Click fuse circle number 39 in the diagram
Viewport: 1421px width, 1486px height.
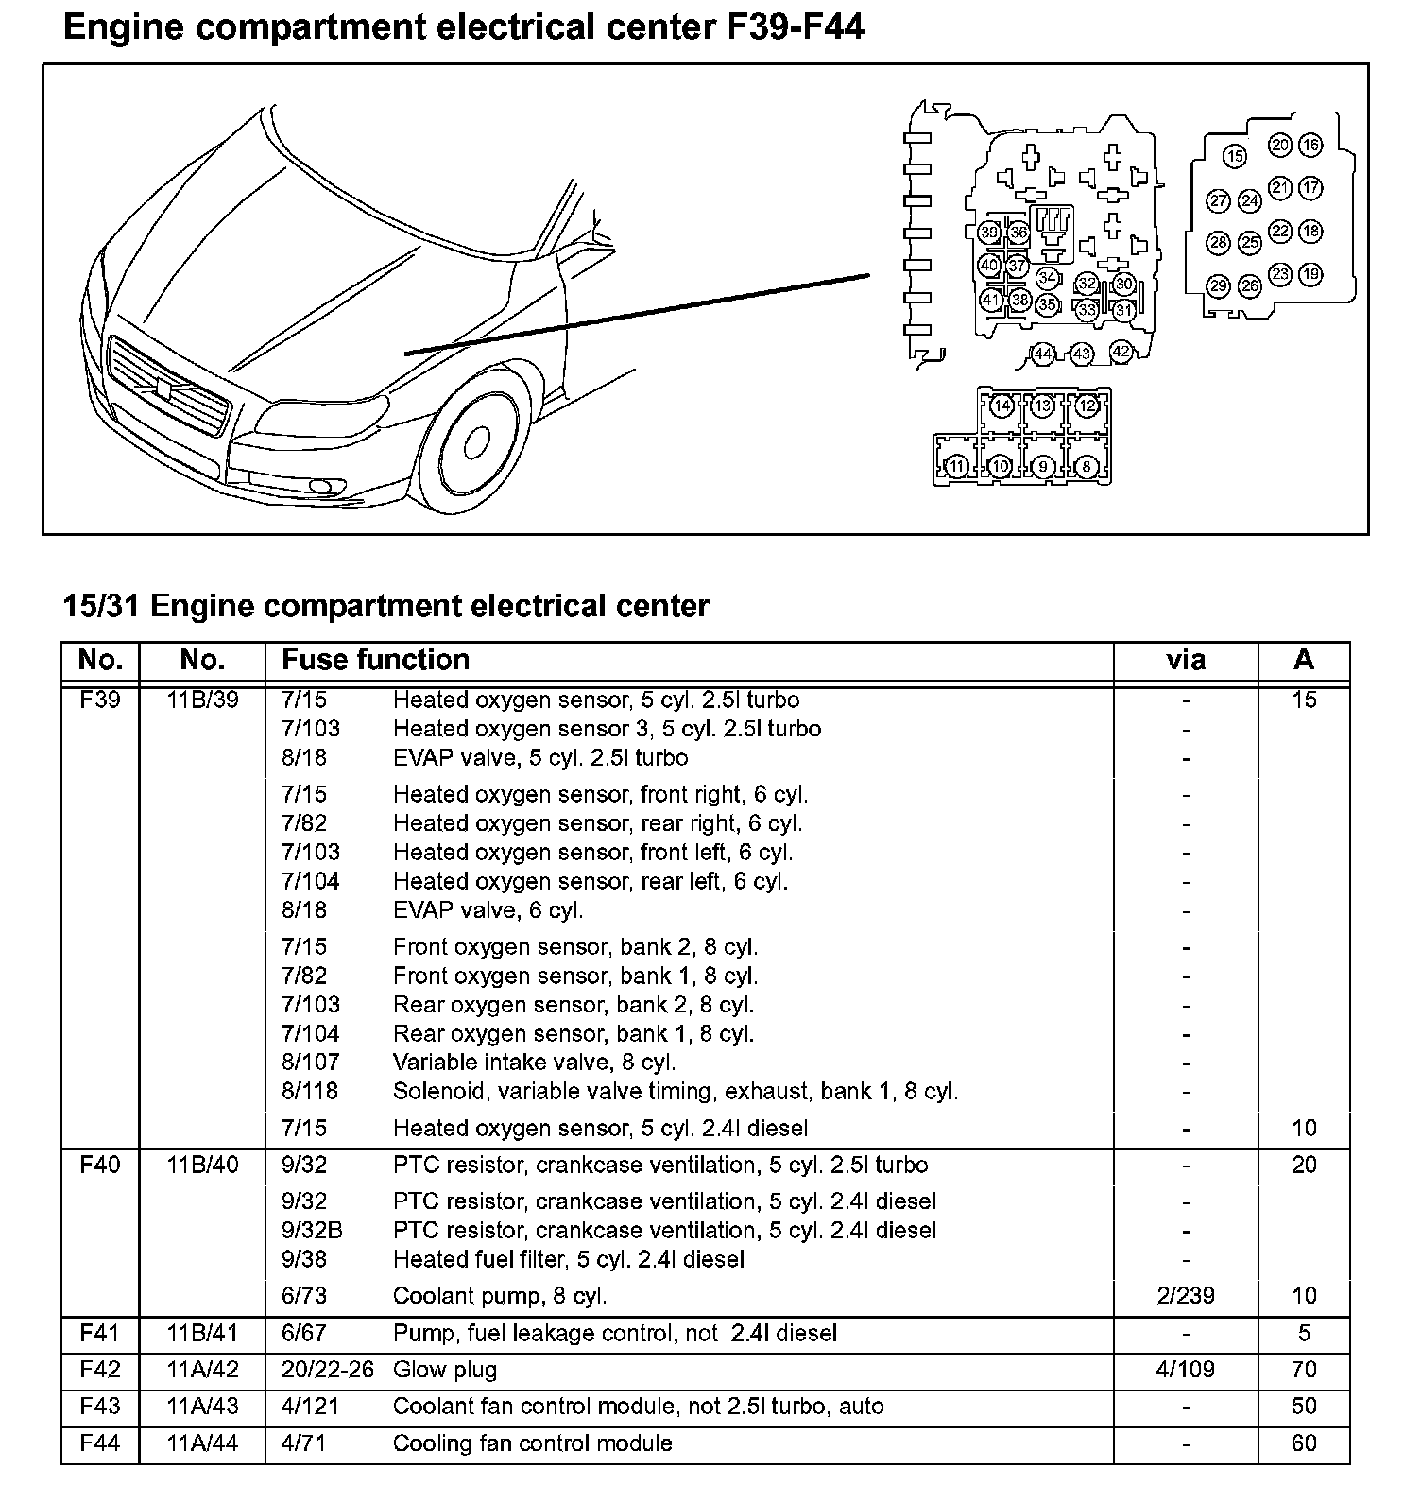click(x=989, y=233)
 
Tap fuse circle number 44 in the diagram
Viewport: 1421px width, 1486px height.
click(x=1042, y=354)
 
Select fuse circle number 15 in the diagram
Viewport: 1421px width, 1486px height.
click(x=1234, y=156)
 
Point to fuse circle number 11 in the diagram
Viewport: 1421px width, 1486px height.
click(x=957, y=466)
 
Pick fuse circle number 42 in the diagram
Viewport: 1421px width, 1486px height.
click(x=1121, y=352)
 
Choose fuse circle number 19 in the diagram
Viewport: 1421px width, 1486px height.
click(x=1310, y=275)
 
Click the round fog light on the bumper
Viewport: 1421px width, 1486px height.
click(x=320, y=488)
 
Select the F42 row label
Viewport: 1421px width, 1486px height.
click(x=100, y=1370)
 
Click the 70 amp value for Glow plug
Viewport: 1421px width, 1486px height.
click(x=1304, y=1370)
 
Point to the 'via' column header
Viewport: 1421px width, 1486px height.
click(x=1186, y=660)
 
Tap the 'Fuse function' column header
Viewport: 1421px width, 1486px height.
click(x=375, y=660)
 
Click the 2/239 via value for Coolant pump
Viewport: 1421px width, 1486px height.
click(x=1186, y=1296)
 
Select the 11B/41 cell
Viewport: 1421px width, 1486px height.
click(x=202, y=1333)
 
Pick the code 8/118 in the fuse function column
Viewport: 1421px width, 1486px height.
click(x=310, y=1092)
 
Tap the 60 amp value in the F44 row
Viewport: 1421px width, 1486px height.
click(x=1304, y=1443)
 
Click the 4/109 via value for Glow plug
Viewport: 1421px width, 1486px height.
click(x=1186, y=1370)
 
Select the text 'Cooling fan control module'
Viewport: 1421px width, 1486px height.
click(x=533, y=1443)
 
